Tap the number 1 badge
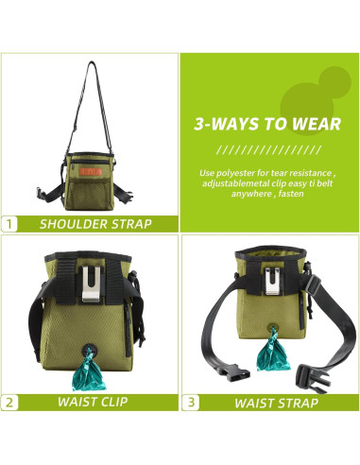click(10, 224)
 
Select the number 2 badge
click(10, 402)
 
